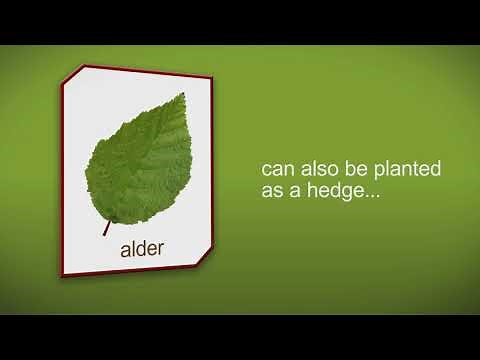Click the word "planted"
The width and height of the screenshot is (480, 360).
[404, 169]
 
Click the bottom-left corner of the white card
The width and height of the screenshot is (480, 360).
[62, 276]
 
